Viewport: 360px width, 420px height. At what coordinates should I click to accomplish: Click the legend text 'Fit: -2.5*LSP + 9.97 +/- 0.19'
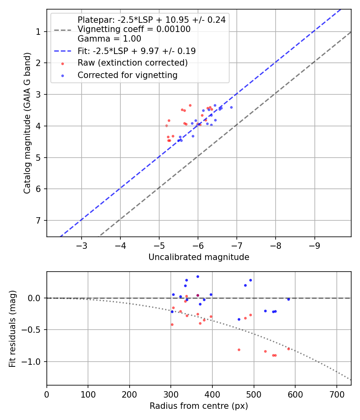(x=136, y=51)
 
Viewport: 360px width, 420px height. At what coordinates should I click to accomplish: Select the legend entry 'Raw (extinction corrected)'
(x=132, y=63)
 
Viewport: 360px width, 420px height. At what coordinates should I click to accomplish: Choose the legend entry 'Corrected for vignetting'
(x=128, y=75)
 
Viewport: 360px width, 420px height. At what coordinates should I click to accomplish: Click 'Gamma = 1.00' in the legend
(x=109, y=39)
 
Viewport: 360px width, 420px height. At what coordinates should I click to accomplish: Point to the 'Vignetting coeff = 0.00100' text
(x=134, y=29)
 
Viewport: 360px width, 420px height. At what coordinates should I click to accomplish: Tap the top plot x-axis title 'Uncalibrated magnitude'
(x=199, y=257)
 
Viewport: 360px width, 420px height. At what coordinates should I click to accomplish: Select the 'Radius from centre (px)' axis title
(x=199, y=406)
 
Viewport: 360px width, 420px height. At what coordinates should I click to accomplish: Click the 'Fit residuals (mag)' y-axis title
(x=12, y=328)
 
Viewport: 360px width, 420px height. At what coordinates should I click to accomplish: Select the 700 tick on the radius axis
(x=336, y=394)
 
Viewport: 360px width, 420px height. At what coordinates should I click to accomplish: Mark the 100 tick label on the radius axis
(x=88, y=394)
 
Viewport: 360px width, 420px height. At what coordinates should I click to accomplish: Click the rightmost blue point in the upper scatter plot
(x=231, y=107)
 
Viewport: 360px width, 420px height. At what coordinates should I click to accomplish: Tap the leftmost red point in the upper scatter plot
(x=166, y=126)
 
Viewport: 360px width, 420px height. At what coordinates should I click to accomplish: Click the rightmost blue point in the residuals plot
(x=288, y=299)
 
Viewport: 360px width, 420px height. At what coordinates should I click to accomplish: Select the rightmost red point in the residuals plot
(x=288, y=349)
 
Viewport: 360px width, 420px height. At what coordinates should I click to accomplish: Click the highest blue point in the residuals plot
(x=198, y=276)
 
